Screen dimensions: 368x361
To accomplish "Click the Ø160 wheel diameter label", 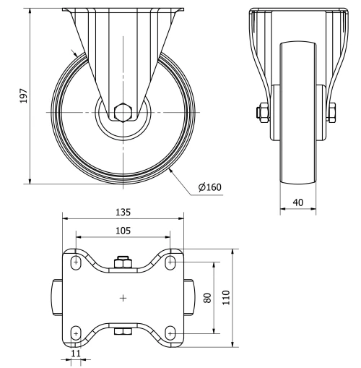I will [209, 187].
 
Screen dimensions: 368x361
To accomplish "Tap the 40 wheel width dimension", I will [298, 203].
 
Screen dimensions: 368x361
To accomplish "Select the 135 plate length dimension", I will [123, 213].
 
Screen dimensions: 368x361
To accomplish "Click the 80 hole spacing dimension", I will [207, 298].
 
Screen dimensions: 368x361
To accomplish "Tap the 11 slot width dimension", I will [76, 355].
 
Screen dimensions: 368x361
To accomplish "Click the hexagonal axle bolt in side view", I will [123, 112].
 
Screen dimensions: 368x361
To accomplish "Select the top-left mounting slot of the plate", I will [76, 262].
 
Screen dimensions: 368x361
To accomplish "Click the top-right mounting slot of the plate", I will [170, 262].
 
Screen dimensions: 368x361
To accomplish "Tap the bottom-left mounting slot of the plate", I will [76, 333].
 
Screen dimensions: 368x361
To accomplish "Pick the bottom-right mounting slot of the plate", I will [170, 333].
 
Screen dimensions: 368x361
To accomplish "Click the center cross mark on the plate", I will [123, 297].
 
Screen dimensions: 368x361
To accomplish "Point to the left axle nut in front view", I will [259, 112].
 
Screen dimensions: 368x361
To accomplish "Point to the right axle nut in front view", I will [336, 112].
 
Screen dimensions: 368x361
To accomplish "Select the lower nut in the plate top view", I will [123, 332].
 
